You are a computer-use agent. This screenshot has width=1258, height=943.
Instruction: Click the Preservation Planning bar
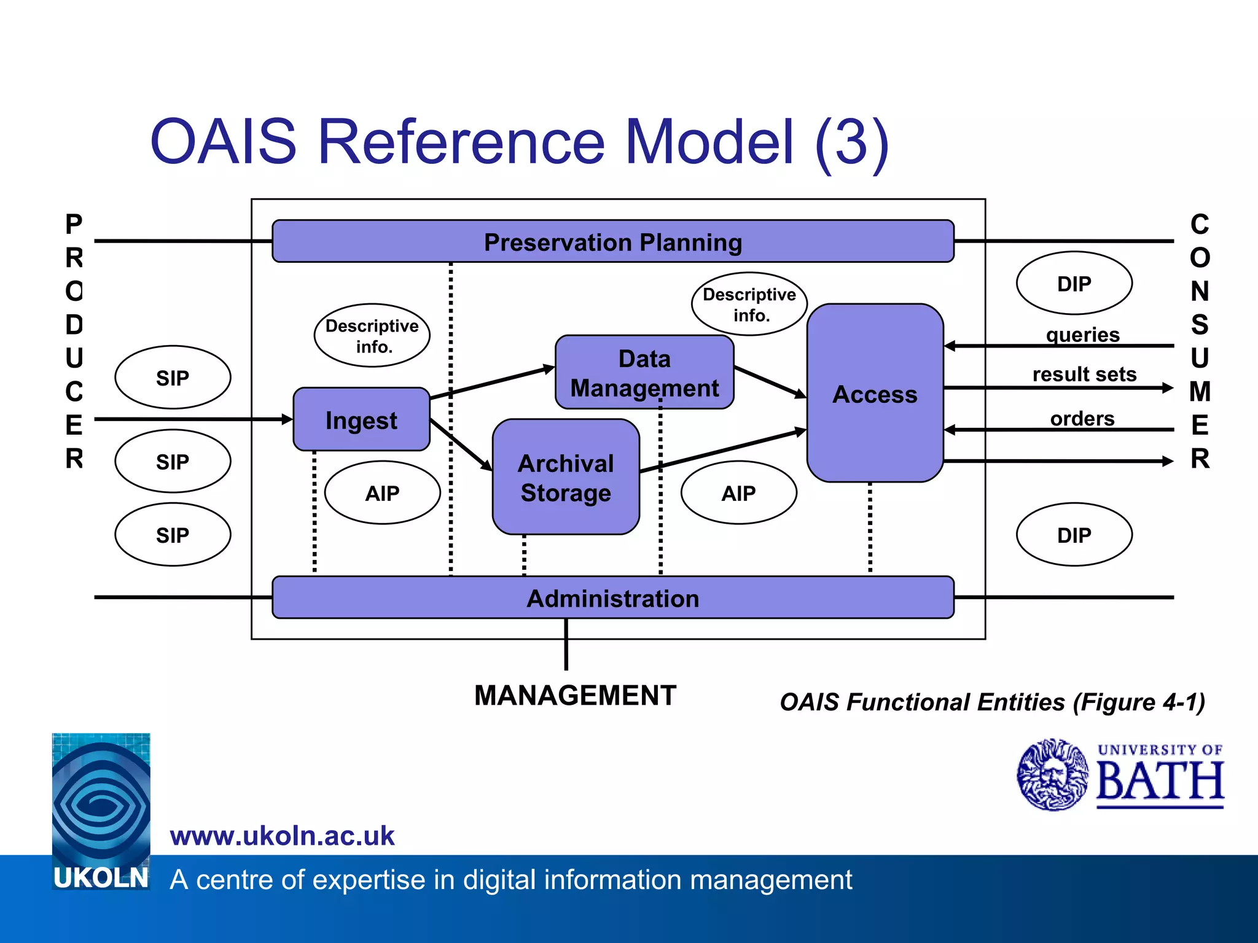tap(612, 242)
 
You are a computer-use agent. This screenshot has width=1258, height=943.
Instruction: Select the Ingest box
tap(361, 420)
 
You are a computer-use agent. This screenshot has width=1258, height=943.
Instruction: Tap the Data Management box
tap(644, 373)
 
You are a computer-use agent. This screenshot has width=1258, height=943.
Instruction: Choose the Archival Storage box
tap(566, 478)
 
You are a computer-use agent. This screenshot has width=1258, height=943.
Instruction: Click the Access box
tap(875, 394)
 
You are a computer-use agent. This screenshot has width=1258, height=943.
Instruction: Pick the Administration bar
tap(612, 598)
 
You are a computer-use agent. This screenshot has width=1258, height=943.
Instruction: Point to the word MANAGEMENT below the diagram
tap(575, 696)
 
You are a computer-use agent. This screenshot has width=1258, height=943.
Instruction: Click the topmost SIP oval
tap(173, 378)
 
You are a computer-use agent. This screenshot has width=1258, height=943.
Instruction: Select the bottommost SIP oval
tap(173, 535)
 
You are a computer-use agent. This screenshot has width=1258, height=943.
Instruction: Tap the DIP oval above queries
tap(1074, 284)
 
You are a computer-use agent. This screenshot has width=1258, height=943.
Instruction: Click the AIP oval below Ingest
tap(382, 493)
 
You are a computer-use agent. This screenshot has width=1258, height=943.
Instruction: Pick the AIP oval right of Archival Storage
tap(738, 493)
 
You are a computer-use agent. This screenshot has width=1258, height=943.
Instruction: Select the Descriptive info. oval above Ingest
tap(372, 336)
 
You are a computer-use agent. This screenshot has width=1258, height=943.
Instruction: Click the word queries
tap(1082, 335)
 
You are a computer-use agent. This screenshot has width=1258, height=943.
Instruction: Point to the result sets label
tap(1084, 374)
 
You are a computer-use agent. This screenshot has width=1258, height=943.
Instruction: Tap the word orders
tap(1082, 418)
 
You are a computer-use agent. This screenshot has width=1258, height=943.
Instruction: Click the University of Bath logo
tap(1120, 775)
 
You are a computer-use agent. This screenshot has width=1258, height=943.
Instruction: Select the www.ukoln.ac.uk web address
tap(282, 836)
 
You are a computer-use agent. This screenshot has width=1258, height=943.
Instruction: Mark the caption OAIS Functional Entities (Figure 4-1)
tap(992, 702)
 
